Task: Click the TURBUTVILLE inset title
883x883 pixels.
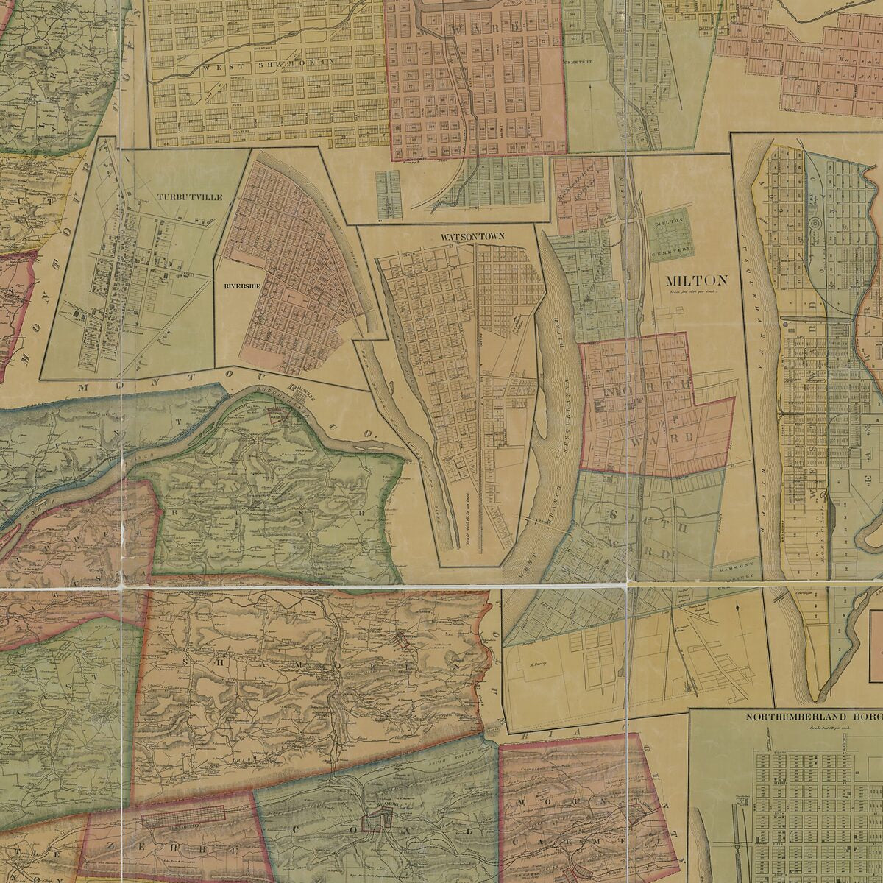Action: click(x=179, y=198)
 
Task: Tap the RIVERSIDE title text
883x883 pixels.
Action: click(x=238, y=286)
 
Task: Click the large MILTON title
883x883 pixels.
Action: click(x=695, y=280)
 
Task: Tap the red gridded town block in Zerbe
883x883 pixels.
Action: click(x=182, y=813)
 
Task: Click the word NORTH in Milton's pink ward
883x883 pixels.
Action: click(x=648, y=385)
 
